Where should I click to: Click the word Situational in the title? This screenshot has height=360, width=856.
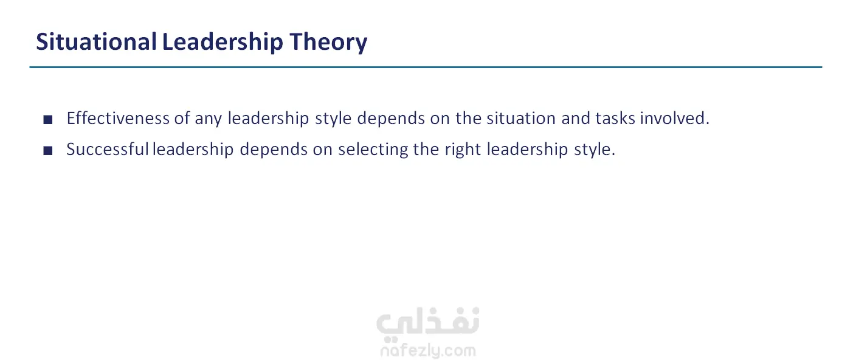pos(96,41)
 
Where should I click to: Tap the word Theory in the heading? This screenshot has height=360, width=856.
pos(328,43)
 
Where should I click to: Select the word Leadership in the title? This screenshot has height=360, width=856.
pos(223,43)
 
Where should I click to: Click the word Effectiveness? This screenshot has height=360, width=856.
pos(118,118)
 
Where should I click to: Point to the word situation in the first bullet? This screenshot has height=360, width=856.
pos(521,118)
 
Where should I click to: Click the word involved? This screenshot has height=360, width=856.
pos(675,118)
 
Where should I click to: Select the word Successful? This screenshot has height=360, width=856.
pos(108,149)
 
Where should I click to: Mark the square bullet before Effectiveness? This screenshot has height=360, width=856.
pos(48,120)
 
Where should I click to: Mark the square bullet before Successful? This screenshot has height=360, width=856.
pos(48,151)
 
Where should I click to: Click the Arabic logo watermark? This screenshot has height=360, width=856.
pos(427,324)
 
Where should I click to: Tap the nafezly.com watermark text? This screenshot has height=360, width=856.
pos(428,351)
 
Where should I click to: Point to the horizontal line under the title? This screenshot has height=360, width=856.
pos(426,67)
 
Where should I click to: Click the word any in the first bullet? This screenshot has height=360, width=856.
pos(209,119)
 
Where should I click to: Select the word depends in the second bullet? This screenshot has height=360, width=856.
pos(274,150)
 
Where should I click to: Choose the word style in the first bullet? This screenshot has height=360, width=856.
pos(333,119)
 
